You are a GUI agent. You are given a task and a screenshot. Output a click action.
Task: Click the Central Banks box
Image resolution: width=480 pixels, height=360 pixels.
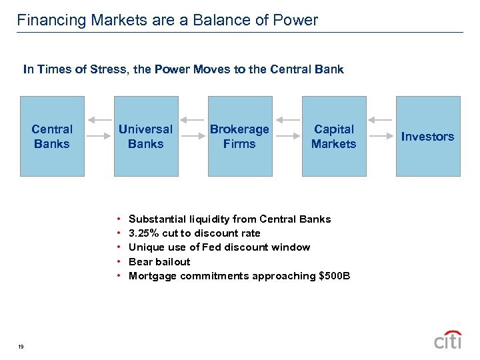point(52,136)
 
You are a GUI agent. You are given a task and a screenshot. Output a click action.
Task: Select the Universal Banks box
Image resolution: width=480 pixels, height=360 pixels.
point(145,136)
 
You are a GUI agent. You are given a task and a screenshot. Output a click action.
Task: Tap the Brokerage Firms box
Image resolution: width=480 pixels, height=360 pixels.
point(239,136)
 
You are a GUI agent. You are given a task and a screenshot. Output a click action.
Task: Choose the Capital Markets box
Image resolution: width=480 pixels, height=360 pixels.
point(334,136)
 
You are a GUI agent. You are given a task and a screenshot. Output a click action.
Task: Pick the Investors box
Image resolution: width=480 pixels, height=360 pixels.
point(428,136)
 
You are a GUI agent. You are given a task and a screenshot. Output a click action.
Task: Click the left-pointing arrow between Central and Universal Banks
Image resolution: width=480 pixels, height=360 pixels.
point(99,120)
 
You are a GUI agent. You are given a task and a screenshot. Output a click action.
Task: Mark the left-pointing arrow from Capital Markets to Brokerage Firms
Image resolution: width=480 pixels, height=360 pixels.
point(287,120)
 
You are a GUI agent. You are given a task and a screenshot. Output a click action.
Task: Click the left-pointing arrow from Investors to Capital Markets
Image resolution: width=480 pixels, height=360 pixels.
point(381,120)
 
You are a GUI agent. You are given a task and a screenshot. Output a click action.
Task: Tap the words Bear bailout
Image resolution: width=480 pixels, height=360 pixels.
point(159,262)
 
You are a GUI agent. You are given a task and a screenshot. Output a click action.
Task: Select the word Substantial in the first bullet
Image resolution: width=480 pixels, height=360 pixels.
point(157,219)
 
